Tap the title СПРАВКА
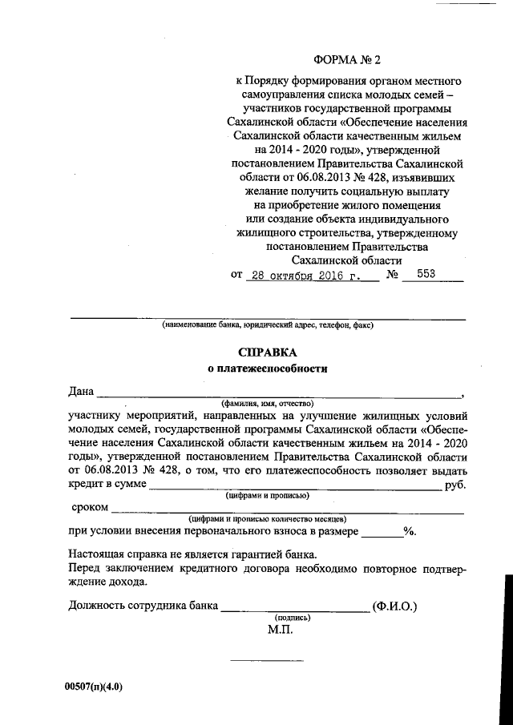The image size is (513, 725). [x=268, y=352]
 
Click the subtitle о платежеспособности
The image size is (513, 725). [x=268, y=369]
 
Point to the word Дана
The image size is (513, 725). [x=82, y=392]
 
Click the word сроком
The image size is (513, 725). [x=90, y=507]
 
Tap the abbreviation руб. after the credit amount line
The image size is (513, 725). [x=454, y=485]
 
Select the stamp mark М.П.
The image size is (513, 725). [x=281, y=630]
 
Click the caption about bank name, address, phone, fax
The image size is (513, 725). [x=268, y=325]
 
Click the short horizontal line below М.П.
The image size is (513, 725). [x=262, y=660]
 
